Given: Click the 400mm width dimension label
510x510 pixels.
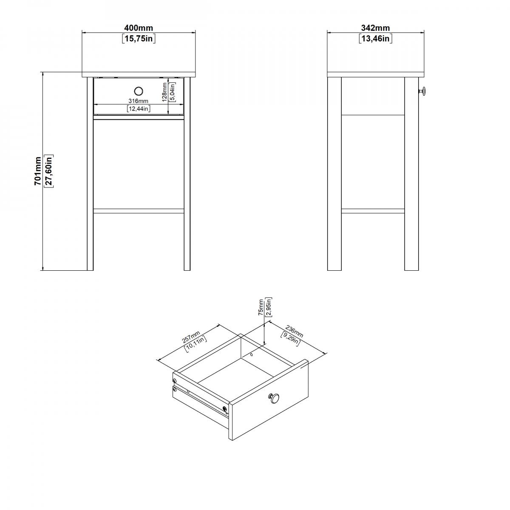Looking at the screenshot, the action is click(139, 28).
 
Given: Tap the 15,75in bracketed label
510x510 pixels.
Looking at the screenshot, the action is click(139, 39).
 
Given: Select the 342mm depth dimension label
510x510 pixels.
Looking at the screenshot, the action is click(375, 28).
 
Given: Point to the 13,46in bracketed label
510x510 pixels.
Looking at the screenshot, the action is click(375, 39).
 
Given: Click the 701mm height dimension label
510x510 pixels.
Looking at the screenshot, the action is click(38, 171).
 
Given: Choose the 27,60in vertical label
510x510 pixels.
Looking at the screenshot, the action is click(49, 171).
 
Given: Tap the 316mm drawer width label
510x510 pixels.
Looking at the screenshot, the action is click(138, 101).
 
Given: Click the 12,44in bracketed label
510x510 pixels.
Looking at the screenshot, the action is click(139, 108).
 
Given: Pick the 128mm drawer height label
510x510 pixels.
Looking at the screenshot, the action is click(164, 92).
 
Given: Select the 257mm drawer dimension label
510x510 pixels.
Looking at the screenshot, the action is click(191, 337).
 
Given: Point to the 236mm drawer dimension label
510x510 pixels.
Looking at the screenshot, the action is click(294, 331).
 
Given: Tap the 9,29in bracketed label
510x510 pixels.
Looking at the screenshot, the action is click(290, 339).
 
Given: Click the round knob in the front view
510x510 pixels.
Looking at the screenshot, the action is click(139, 91).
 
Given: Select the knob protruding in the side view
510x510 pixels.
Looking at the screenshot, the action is click(422, 91).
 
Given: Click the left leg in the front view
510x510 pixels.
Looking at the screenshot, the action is click(90, 174).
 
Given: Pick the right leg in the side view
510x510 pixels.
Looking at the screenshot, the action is click(411, 174).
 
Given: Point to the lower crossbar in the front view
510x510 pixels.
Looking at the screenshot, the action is click(139, 211).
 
